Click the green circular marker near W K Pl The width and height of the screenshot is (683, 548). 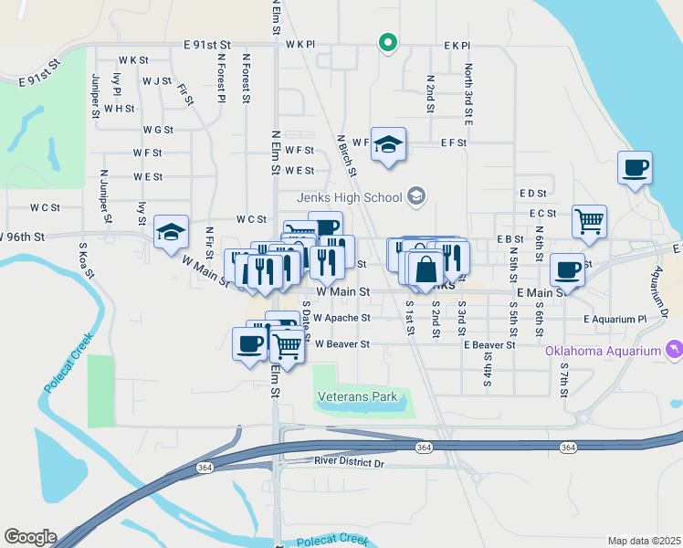pyautogui.click(x=388, y=42)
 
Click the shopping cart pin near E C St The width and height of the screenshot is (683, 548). pyautogui.click(x=590, y=220)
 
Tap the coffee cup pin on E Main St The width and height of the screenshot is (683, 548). pyautogui.click(x=567, y=270)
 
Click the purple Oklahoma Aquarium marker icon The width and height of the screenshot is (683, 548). pyautogui.click(x=673, y=350)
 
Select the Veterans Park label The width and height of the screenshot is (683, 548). pyautogui.click(x=358, y=397)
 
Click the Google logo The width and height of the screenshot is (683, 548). pyautogui.click(x=29, y=537)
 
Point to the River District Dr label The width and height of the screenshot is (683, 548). pyautogui.click(x=350, y=463)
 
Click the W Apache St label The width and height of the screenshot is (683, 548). pyautogui.click(x=341, y=319)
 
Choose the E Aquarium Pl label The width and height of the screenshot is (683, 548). pyautogui.click(x=615, y=320)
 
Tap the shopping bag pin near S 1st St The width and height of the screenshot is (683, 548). pyautogui.click(x=426, y=269)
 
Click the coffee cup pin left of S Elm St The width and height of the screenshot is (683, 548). pyautogui.click(x=249, y=344)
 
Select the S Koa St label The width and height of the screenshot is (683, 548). pyautogui.click(x=82, y=258)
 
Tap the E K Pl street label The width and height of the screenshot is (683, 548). pyautogui.click(x=456, y=45)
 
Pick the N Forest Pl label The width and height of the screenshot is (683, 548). pyautogui.click(x=221, y=77)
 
